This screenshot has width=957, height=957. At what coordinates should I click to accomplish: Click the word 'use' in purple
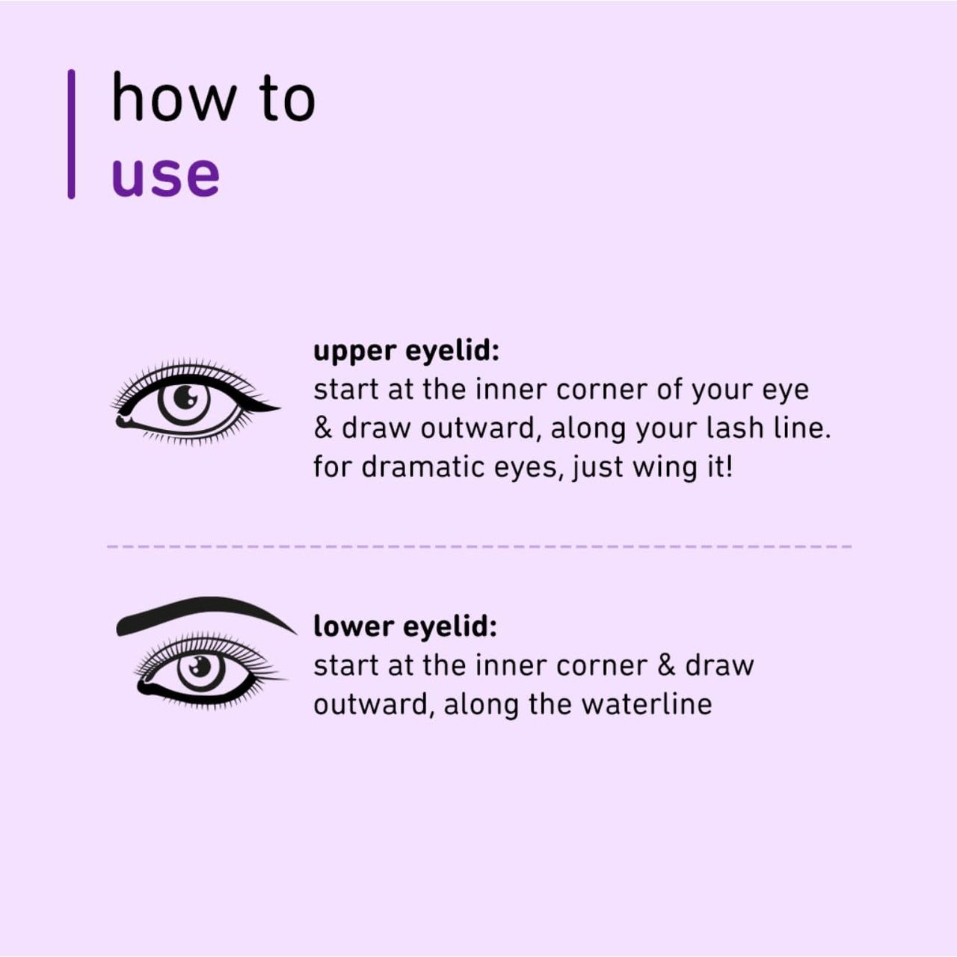(165, 176)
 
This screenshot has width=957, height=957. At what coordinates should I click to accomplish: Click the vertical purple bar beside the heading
(71, 134)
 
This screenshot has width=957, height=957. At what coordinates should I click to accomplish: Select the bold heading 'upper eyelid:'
(406, 351)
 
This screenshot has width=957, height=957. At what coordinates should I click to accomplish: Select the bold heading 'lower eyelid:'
(404, 627)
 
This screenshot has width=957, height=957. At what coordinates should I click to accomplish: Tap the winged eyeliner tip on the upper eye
(269, 407)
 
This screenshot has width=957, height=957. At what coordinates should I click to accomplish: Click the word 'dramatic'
(424, 467)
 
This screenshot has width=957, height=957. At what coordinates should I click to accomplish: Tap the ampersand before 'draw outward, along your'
(323, 429)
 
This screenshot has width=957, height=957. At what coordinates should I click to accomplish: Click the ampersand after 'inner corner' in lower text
(665, 665)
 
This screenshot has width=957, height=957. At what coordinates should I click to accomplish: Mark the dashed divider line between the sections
(478, 547)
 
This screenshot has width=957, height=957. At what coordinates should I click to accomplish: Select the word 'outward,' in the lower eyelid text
(374, 704)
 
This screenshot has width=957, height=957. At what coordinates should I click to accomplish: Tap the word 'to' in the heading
(288, 99)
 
